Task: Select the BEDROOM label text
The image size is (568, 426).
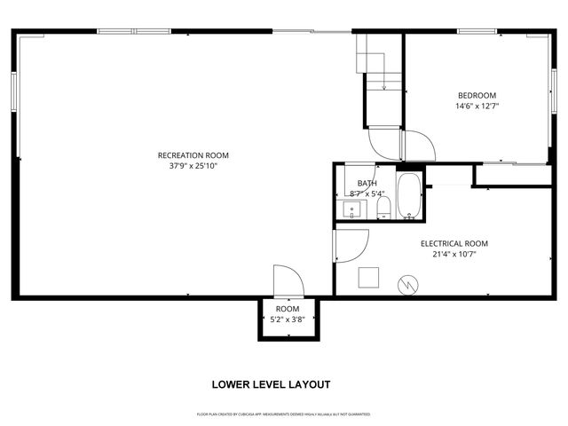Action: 477,96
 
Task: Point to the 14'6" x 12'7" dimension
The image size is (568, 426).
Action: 477,106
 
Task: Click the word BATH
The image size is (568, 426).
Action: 355,183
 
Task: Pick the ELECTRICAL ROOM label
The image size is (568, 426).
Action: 454,243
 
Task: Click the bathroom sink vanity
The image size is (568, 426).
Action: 352,210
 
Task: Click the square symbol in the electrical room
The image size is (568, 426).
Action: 368,278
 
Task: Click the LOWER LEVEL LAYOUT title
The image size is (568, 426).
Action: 271,384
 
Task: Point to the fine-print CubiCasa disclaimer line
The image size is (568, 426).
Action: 283,414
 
